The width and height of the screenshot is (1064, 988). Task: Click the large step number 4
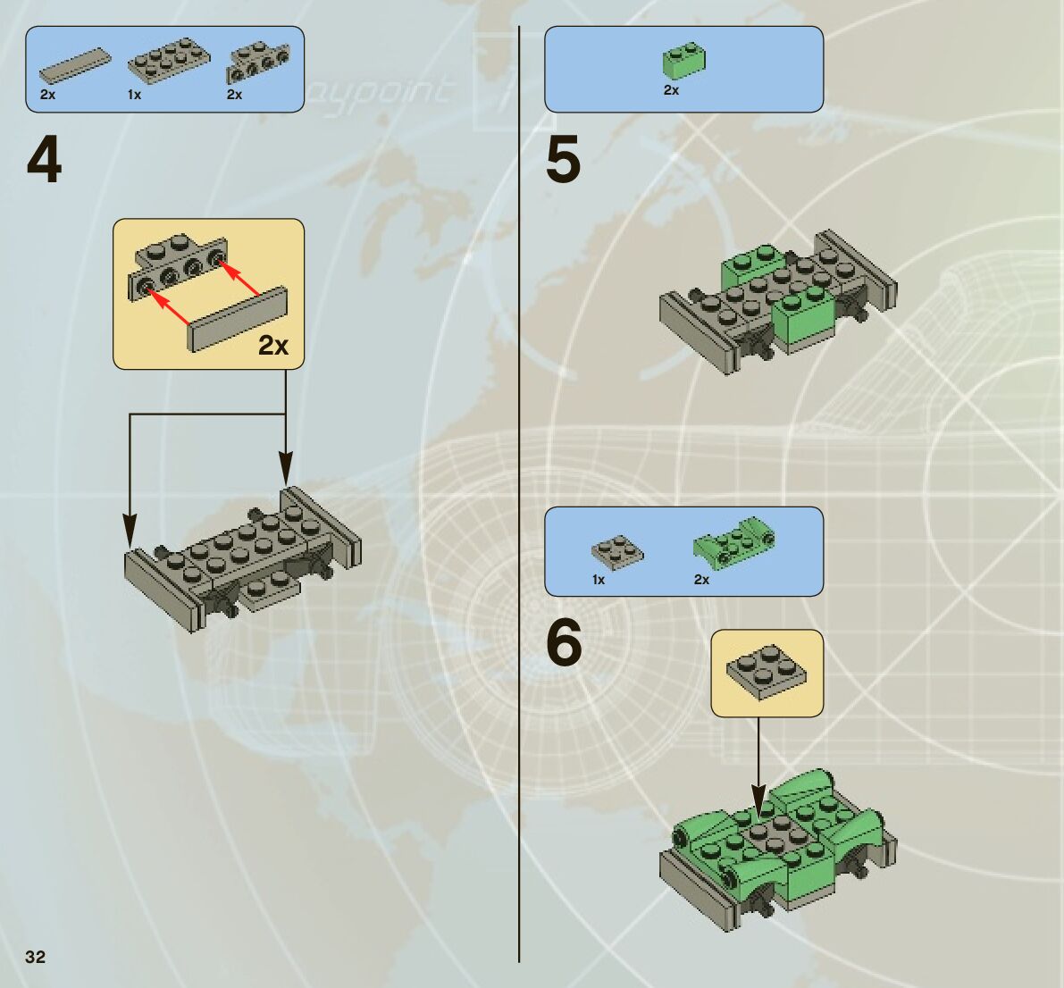click(45, 161)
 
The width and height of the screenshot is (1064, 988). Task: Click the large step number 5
click(563, 161)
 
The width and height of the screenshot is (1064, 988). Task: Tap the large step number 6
click(564, 643)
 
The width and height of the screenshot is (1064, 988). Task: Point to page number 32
click(35, 957)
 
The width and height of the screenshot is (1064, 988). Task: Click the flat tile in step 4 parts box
click(76, 65)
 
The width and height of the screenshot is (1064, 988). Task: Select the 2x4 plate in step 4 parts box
click(169, 60)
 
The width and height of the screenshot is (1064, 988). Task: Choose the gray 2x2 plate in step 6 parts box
click(617, 551)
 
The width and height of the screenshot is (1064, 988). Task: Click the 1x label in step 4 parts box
click(134, 95)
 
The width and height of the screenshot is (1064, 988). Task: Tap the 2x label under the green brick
click(671, 90)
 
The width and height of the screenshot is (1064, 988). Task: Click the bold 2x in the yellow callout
click(273, 345)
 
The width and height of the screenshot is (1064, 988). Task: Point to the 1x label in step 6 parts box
click(599, 580)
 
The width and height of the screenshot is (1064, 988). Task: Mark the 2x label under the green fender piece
click(701, 580)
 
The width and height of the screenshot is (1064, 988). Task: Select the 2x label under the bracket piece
click(234, 95)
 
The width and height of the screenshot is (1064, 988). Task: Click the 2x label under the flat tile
click(47, 95)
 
